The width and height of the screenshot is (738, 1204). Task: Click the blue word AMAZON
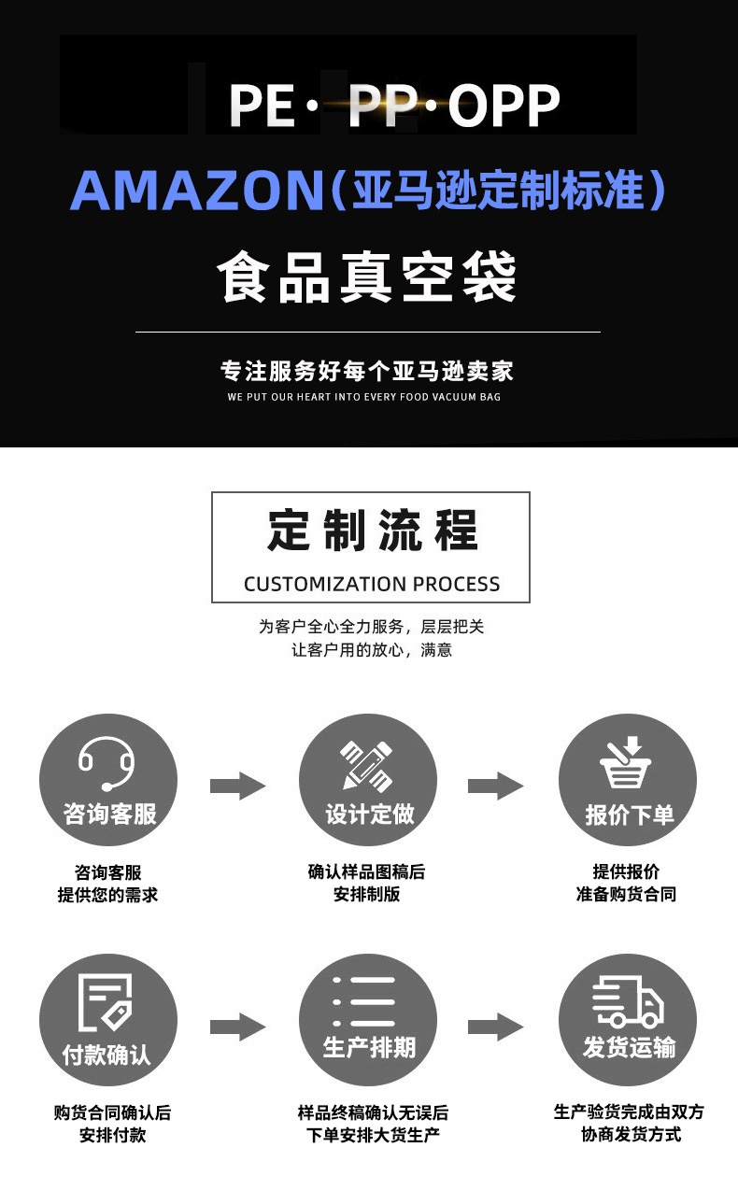[x=197, y=191]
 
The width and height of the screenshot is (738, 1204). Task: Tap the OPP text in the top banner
[x=504, y=106]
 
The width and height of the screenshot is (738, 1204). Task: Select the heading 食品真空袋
[x=367, y=276]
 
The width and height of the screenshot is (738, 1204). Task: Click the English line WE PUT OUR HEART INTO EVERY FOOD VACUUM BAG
[x=364, y=397]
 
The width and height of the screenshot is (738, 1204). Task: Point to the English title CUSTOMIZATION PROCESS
[x=372, y=584]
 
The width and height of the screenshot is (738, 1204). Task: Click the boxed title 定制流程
[x=372, y=531]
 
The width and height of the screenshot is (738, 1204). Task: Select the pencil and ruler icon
[x=367, y=766]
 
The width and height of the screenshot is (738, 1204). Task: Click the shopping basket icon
[x=626, y=762]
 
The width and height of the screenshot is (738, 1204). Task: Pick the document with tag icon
[x=106, y=1002]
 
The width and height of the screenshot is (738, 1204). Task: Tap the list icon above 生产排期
[x=364, y=1001]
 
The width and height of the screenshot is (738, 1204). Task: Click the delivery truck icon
[x=628, y=1001]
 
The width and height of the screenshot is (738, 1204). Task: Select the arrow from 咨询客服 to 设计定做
[x=237, y=786]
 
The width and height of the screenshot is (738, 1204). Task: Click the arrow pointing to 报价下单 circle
[x=496, y=786]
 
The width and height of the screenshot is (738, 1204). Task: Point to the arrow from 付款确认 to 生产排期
[x=237, y=1027]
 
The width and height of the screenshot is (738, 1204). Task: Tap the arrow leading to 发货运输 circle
[x=496, y=1027]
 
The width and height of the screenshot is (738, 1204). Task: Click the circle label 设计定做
[x=370, y=814]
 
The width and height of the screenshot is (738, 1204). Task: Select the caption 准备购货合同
[x=626, y=895]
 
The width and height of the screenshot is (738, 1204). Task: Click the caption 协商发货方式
[x=631, y=1135]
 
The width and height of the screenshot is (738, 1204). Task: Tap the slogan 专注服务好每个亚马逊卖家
[x=367, y=372]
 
